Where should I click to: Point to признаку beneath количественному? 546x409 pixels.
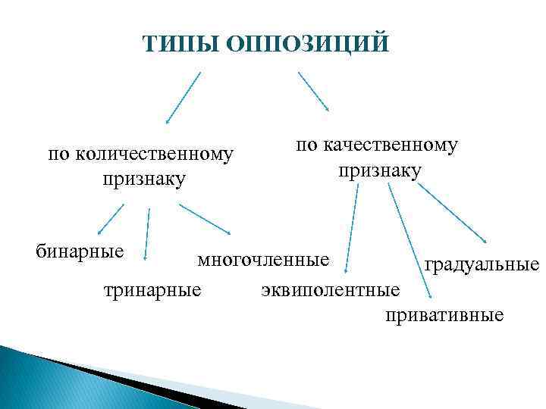click(x=142, y=180)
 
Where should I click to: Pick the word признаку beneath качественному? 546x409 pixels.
click(x=379, y=170)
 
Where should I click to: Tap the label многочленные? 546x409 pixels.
click(x=264, y=260)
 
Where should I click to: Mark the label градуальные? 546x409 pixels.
click(x=482, y=264)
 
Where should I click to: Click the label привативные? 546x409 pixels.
click(x=444, y=314)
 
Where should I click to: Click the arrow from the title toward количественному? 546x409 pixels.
click(x=184, y=97)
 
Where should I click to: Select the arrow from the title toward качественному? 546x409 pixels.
click(x=313, y=92)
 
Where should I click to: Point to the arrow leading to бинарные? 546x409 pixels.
click(x=111, y=220)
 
